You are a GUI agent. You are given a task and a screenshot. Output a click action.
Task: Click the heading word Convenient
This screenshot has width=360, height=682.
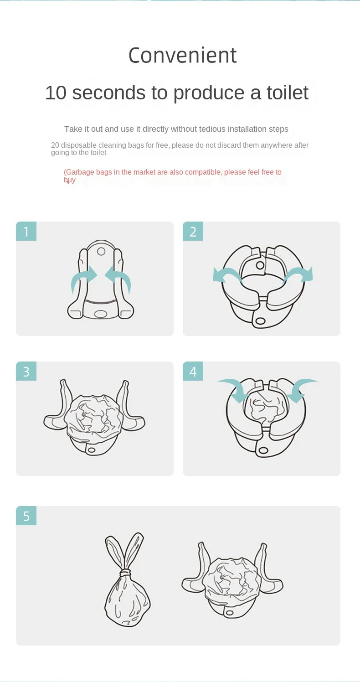182,56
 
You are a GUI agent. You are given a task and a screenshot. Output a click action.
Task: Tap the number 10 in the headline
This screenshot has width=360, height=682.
56,93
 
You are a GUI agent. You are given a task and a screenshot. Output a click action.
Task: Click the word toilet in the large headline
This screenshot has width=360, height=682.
288,93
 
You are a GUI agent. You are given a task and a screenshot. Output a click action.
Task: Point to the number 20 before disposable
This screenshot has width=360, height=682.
55,145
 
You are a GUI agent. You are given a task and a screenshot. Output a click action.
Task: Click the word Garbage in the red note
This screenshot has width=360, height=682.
80,172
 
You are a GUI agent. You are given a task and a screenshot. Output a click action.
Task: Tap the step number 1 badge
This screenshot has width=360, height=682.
26,232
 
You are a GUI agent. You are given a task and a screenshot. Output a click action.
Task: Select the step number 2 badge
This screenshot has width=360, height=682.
193,232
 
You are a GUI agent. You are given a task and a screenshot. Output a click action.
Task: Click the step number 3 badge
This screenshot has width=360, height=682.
26,371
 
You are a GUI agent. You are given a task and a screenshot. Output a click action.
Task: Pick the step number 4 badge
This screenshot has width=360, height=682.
193,371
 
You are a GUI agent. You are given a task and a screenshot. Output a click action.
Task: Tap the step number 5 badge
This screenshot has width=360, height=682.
26,516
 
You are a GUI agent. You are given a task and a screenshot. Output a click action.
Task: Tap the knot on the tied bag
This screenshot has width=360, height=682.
125,573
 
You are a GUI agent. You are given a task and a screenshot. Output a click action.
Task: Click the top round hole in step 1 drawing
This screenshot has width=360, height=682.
101,252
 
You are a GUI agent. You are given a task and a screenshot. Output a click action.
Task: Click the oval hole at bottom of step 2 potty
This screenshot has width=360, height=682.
261,320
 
